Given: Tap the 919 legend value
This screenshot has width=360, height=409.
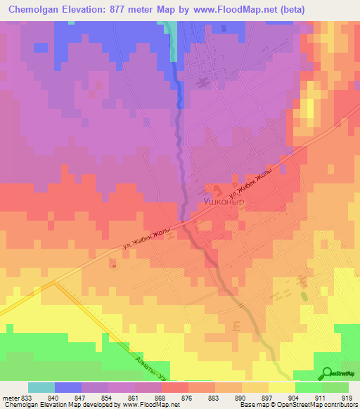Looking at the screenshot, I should (347, 398).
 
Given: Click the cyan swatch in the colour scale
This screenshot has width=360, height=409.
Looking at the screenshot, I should (41, 387).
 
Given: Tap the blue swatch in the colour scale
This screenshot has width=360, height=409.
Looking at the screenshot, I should (67, 387).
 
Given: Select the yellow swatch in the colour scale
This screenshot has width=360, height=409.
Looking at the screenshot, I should (281, 387).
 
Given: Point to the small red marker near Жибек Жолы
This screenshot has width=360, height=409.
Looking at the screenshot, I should (113, 266).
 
